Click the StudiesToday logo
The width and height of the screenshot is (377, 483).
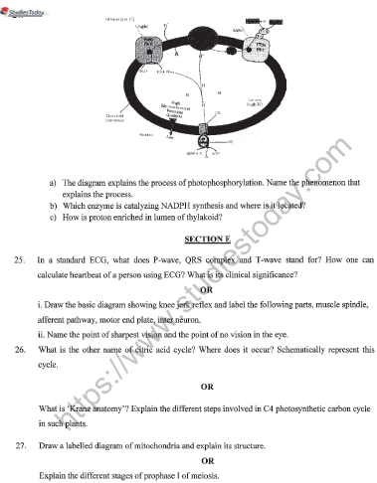pyautogui.click(x=28, y=9)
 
